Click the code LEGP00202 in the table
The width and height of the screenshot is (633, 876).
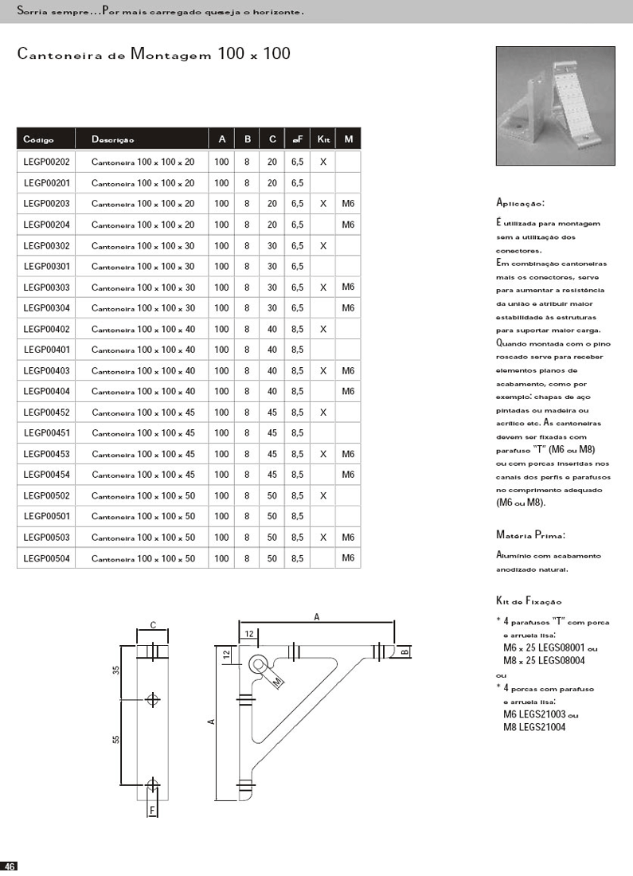pyautogui.click(x=46, y=162)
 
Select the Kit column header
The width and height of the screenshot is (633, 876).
pyautogui.click(x=322, y=139)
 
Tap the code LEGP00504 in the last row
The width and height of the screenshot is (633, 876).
pyautogui.click(x=46, y=559)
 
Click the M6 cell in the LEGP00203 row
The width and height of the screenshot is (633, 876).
pyautogui.click(x=348, y=204)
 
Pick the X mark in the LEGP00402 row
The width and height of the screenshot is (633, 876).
pyautogui.click(x=322, y=329)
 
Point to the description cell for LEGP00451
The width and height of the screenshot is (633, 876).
pyautogui.click(x=143, y=433)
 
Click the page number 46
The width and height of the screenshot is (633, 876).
pyautogui.click(x=10, y=866)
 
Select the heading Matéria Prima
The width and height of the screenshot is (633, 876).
pyautogui.click(x=530, y=535)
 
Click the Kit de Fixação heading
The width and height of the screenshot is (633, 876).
pyautogui.click(x=529, y=601)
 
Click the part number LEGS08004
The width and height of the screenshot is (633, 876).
pyautogui.click(x=562, y=660)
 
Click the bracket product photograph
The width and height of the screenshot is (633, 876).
pyautogui.click(x=555, y=106)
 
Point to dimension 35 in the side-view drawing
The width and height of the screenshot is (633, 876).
pyautogui.click(x=116, y=670)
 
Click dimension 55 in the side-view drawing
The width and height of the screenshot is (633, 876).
pyautogui.click(x=116, y=740)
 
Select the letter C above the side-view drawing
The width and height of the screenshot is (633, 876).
pyautogui.click(x=153, y=625)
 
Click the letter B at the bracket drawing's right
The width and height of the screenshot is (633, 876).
pyautogui.click(x=404, y=651)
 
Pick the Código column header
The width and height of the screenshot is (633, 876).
pyautogui.click(x=39, y=140)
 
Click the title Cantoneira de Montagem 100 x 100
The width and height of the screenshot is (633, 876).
pyautogui.click(x=154, y=55)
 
